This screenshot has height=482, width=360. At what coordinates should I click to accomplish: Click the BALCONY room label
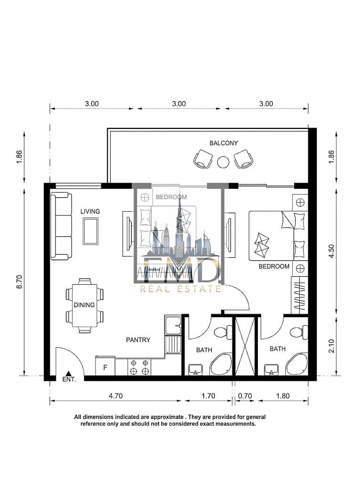224,143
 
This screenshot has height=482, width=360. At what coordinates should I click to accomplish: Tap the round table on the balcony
223,162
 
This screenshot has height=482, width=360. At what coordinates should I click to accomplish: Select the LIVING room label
90,211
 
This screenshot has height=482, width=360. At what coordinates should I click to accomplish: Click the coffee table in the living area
91,231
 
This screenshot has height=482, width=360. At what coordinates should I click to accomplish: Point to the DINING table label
84,305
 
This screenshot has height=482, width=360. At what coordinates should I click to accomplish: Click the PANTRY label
138,340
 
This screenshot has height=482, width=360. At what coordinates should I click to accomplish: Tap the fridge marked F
105,366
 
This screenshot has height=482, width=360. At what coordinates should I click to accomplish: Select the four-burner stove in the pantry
139,367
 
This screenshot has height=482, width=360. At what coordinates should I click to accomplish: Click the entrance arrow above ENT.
69,373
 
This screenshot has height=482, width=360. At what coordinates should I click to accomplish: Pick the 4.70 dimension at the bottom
116,396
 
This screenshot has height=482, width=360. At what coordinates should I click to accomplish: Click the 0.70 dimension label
245,396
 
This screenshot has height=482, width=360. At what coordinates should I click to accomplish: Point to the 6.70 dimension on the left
20,281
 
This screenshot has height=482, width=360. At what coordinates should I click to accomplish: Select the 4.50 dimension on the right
331,251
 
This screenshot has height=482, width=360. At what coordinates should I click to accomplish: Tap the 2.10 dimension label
331,346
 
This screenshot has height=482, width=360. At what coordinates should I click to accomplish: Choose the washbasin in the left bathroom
195,369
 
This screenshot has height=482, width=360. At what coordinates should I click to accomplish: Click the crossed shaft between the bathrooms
245,346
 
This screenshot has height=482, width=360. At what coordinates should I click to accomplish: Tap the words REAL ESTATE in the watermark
180,289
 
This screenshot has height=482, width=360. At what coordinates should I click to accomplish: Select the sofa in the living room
61,226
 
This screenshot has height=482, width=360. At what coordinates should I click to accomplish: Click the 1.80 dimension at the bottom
283,396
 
